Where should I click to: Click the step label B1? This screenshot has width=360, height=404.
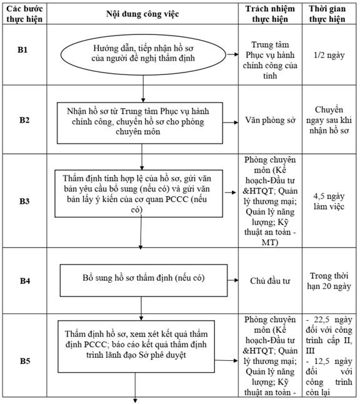pos(22,50)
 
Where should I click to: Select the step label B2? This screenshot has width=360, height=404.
pos(24,120)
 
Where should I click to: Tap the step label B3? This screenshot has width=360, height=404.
pos(24,201)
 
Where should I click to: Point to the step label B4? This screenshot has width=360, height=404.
pos(25,281)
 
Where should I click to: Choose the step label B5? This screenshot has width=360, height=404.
pos(25,361)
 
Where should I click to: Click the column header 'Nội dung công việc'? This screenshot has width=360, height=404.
pos(142,14)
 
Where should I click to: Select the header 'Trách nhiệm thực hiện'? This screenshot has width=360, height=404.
pos(270,14)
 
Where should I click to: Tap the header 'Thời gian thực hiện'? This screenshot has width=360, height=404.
pos(327,14)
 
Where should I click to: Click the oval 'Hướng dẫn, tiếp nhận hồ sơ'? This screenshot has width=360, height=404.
pos(143,55)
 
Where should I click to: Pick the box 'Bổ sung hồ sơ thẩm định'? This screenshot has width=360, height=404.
pos(144,280)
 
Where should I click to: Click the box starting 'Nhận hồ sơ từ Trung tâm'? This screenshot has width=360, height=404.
pos(140,123)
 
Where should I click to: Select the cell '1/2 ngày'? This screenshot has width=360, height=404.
pos(329,55)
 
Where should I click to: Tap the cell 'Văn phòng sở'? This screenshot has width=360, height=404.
pos(270,120)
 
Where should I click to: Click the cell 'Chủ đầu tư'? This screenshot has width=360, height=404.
pos(270,281)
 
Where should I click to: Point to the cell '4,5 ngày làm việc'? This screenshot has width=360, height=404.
pos(329,201)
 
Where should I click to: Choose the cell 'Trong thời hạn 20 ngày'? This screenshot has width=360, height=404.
pos(329,281)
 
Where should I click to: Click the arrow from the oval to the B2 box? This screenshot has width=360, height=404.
pos(143,89)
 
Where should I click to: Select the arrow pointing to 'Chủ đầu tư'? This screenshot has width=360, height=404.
pos(232,280)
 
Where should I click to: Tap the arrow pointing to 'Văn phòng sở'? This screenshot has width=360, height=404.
pos(231,123)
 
